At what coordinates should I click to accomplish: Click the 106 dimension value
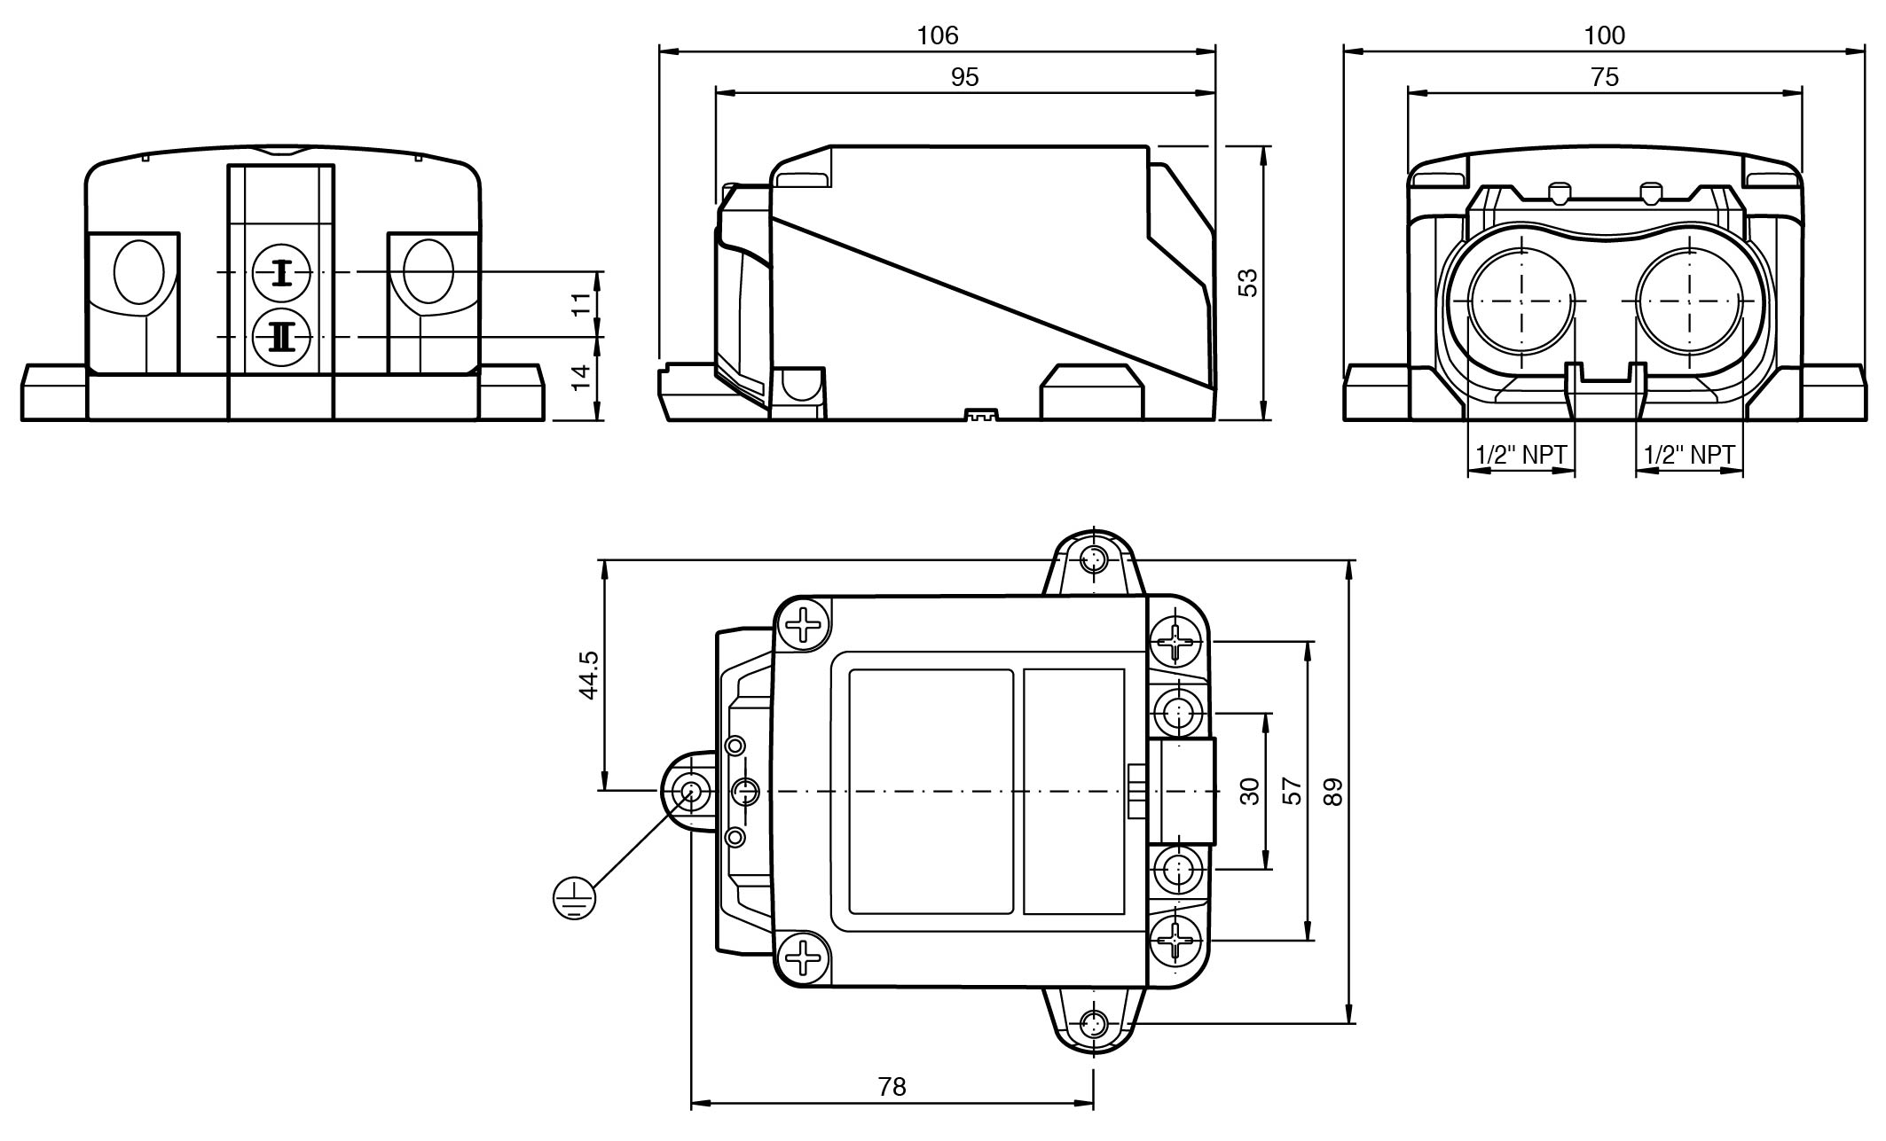click(938, 35)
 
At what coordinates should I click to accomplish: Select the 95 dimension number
click(964, 78)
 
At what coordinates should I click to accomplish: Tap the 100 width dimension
click(1604, 35)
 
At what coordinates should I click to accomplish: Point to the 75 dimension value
click(1604, 78)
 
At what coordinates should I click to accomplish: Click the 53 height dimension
click(1247, 283)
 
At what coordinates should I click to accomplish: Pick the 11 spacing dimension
click(580, 305)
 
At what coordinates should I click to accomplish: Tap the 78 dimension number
click(892, 1086)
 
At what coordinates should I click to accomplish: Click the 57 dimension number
click(1293, 790)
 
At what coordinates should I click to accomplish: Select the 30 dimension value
click(1249, 791)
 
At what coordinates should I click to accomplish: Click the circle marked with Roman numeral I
click(281, 273)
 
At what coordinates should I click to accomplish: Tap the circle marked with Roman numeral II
click(281, 337)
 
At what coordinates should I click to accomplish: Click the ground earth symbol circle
click(574, 898)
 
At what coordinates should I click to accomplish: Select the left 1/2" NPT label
click(1521, 455)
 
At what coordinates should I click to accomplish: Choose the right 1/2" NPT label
click(1689, 455)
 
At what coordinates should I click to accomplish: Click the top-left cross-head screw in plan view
click(805, 623)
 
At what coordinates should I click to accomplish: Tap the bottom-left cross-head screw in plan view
click(805, 958)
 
